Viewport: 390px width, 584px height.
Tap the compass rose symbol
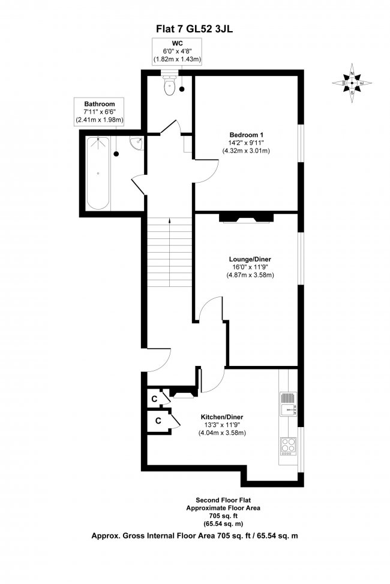pyautogui.click(x=352, y=83)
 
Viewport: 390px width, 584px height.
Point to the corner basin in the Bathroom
pyautogui.click(x=138, y=143)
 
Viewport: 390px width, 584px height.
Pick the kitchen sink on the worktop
pyautogui.click(x=287, y=405)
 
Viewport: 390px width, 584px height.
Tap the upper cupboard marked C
pyautogui.click(x=154, y=398)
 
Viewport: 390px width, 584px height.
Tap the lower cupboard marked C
pyautogui.click(x=158, y=420)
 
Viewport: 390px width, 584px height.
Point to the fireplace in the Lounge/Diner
pyautogui.click(x=247, y=217)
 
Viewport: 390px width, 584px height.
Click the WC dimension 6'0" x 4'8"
pyautogui.click(x=176, y=52)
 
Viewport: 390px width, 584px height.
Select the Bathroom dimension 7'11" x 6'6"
pyautogui.click(x=100, y=112)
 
